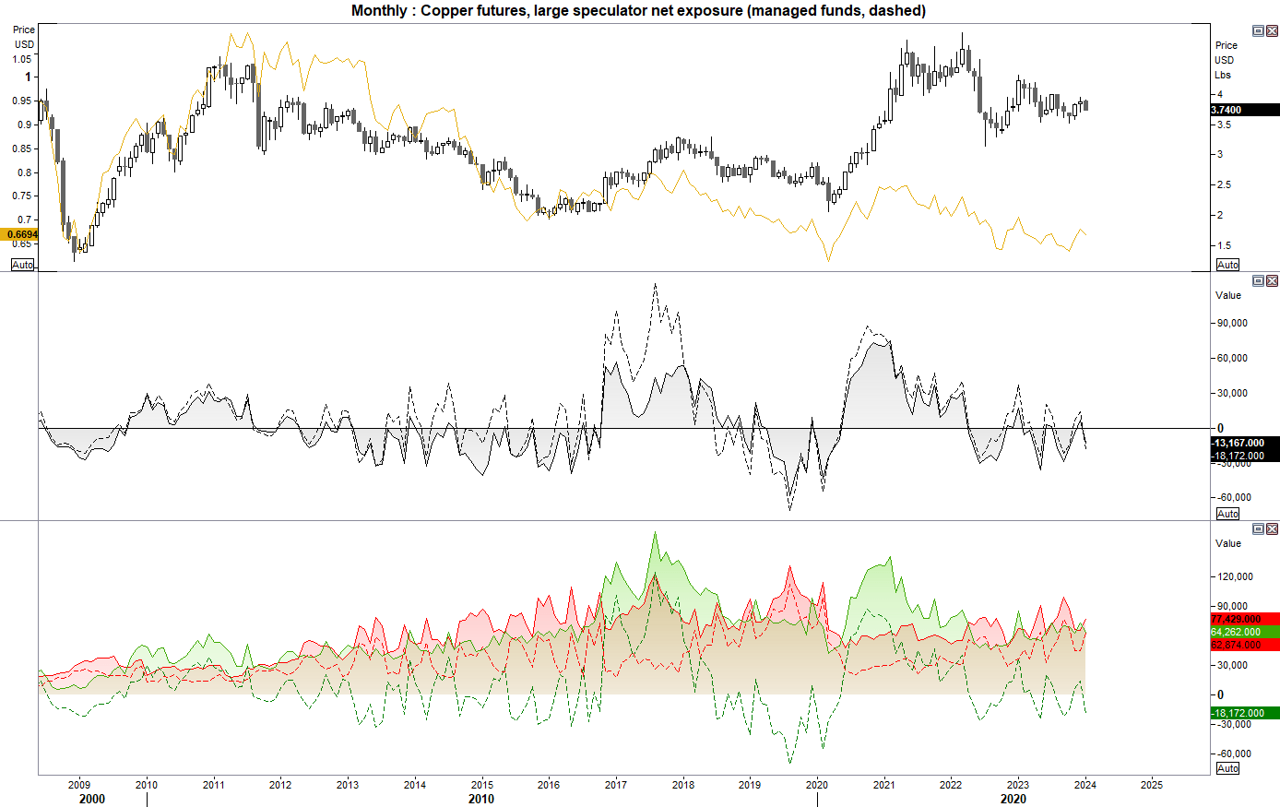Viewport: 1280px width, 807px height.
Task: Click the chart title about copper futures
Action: tap(638, 11)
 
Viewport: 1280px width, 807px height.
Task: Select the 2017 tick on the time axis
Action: tap(616, 785)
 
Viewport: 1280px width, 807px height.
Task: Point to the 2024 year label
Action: tap(1084, 785)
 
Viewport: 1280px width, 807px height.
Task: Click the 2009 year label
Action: tap(79, 785)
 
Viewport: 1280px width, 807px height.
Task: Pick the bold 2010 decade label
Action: tap(481, 799)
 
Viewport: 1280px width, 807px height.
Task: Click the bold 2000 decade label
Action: tap(92, 799)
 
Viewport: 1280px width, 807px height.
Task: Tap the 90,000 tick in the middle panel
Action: tap(1232, 323)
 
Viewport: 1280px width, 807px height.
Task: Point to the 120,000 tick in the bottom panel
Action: tap(1235, 576)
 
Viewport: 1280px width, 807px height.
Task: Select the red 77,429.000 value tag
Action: tap(1244, 619)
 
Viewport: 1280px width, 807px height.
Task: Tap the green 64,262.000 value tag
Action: tap(1244, 632)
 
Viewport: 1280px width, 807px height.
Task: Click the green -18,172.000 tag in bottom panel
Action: tap(1244, 713)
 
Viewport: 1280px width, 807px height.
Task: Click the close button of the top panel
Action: tap(1272, 30)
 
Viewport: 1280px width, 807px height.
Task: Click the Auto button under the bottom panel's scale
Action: tap(1227, 768)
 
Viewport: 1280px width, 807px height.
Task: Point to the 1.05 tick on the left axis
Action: tap(21, 59)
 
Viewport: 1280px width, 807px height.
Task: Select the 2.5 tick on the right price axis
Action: tap(1224, 184)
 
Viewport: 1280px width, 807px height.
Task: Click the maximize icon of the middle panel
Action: tap(1258, 280)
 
